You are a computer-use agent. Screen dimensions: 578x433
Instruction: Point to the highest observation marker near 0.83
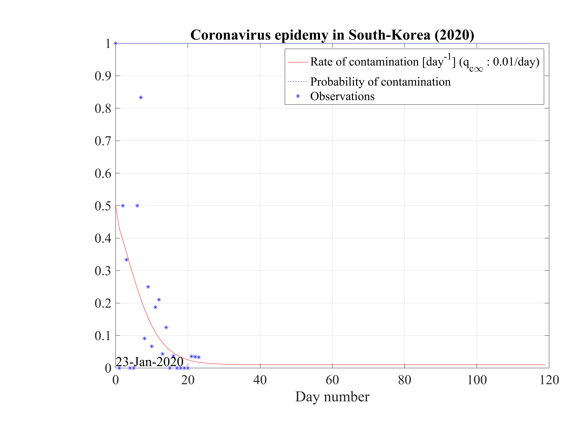tap(141, 98)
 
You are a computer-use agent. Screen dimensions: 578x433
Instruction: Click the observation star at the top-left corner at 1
tap(115, 43)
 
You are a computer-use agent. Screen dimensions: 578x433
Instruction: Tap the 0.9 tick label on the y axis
tap(103, 76)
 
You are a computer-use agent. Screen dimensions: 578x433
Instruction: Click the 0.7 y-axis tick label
tap(103, 141)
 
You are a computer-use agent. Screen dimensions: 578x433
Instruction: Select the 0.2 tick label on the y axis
tap(103, 303)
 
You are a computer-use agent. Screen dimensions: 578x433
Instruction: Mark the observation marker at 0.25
tap(148, 287)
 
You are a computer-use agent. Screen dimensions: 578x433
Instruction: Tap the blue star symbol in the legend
tap(298, 96)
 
